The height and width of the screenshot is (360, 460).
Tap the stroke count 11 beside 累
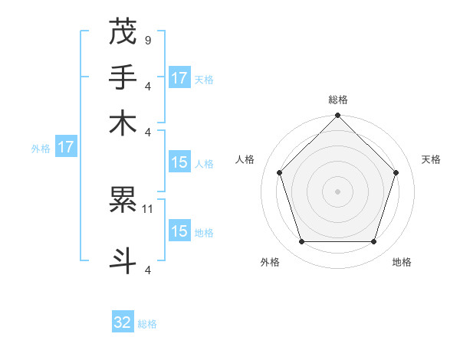[149, 208]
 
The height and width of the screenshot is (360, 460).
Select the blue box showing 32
[123, 323]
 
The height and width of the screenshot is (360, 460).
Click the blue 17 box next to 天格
[179, 77]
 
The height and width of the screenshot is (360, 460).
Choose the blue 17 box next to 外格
[65, 147]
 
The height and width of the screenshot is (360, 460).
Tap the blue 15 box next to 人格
[179, 162]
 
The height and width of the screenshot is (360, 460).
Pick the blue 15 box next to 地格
[179, 231]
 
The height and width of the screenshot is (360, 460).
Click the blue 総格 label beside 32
[147, 324]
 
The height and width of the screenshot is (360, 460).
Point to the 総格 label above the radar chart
[338, 100]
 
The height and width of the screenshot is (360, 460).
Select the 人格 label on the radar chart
[245, 159]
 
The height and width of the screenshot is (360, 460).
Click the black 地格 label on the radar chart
[402, 263]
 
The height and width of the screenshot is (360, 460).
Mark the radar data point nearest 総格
[338, 116]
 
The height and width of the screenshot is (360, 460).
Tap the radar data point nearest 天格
[396, 172]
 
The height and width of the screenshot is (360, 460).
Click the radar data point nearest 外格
[301, 242]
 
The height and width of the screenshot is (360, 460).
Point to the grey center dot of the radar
[338, 191]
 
